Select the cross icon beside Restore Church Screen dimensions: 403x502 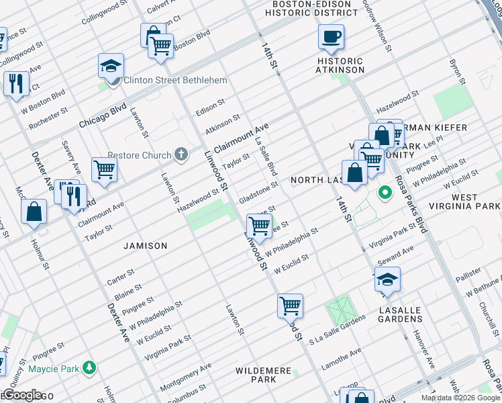(181, 155)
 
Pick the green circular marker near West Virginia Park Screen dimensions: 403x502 (385, 193)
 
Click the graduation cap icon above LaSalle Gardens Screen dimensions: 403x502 (387, 278)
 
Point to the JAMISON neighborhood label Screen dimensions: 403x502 (146, 246)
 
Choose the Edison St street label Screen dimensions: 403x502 (210, 107)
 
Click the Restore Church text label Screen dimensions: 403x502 (138, 156)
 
